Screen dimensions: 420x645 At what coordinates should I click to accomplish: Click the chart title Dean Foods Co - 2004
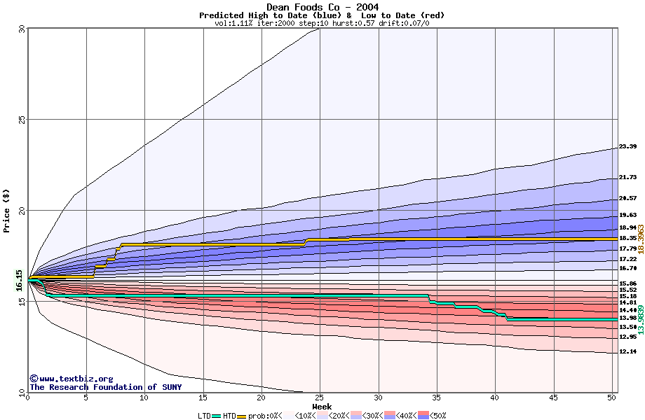click(x=322, y=7)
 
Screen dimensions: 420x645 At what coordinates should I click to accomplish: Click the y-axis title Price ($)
click(x=6, y=210)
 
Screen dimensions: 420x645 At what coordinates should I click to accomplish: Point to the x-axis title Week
click(x=322, y=407)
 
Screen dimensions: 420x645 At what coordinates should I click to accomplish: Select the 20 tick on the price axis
click(x=22, y=210)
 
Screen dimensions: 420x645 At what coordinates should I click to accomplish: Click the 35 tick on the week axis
click(x=436, y=398)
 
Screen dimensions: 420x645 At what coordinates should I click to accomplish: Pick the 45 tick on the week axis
click(x=552, y=398)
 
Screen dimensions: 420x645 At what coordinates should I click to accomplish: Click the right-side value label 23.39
click(x=627, y=147)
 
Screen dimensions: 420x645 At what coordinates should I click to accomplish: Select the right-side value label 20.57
click(x=627, y=198)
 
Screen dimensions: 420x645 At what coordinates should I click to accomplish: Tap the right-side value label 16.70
click(x=627, y=268)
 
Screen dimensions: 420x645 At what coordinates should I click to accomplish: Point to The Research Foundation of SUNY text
click(x=105, y=387)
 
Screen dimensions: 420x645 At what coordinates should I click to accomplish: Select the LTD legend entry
click(x=205, y=416)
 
